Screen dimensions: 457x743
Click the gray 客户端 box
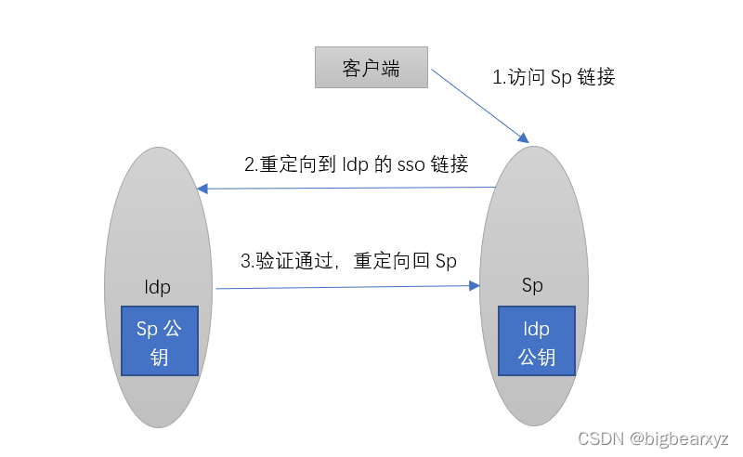pos(371,69)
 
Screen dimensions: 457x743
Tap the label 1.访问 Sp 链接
pos(553,77)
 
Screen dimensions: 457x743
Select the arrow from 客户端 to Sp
pos(478,105)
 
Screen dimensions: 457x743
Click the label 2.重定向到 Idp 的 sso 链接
pos(356,164)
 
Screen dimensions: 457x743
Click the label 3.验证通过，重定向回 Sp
pos(348,261)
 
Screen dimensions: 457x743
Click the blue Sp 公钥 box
pos(160,341)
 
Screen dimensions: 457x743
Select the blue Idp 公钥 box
pos(537,341)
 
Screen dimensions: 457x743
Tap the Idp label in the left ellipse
pos(158,286)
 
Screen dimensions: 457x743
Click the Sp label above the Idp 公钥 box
pos(532,285)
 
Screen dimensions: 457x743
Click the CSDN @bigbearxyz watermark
pos(653,438)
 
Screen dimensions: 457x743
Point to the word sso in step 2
pos(411,165)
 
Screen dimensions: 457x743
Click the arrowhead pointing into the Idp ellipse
pos(202,189)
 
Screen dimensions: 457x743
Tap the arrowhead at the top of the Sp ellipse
pos(523,138)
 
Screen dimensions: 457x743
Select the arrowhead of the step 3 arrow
pos(475,285)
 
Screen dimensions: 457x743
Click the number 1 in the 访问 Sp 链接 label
pos(496,78)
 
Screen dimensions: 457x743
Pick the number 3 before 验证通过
pos(246,262)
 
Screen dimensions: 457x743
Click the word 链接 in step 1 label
pos(595,77)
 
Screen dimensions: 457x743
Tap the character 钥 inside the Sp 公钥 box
pos(160,356)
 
